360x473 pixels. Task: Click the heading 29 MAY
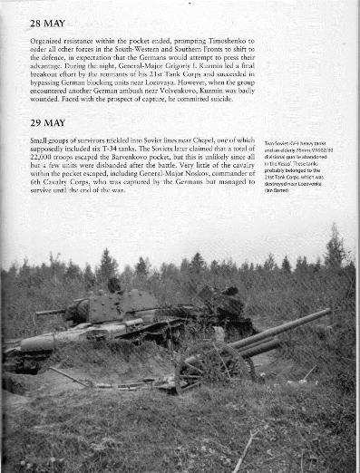click(49, 123)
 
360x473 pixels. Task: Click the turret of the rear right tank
click(223, 300)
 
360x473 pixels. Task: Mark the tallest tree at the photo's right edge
click(335, 248)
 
